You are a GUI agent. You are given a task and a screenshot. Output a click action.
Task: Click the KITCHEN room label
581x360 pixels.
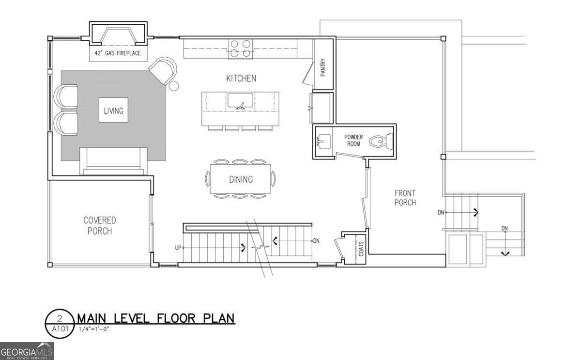(241, 78)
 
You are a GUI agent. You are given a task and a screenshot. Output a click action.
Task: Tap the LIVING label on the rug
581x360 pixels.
(113, 111)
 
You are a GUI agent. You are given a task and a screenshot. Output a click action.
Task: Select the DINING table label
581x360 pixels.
(241, 180)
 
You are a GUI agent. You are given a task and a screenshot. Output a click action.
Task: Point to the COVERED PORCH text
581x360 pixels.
(100, 226)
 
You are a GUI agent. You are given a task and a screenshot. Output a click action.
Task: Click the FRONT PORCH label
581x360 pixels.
(405, 198)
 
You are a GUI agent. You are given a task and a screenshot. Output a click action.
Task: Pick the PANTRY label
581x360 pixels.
(323, 67)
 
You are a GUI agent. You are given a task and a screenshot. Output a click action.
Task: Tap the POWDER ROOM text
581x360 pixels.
(353, 141)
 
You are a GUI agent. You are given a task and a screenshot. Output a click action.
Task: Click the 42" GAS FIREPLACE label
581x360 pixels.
(118, 53)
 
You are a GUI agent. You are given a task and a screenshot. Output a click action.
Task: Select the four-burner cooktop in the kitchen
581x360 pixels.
(241, 49)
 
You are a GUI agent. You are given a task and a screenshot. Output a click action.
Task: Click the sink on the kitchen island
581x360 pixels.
(241, 102)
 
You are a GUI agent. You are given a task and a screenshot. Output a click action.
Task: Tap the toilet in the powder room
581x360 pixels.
(379, 142)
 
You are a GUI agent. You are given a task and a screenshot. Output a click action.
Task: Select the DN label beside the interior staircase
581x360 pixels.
(316, 241)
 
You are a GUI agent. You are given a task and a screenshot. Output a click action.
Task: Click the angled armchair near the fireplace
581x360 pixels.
(163, 71)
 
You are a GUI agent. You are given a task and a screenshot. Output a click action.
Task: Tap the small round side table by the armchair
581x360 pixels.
(173, 86)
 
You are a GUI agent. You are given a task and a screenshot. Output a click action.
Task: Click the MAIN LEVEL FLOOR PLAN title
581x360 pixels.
(155, 318)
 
